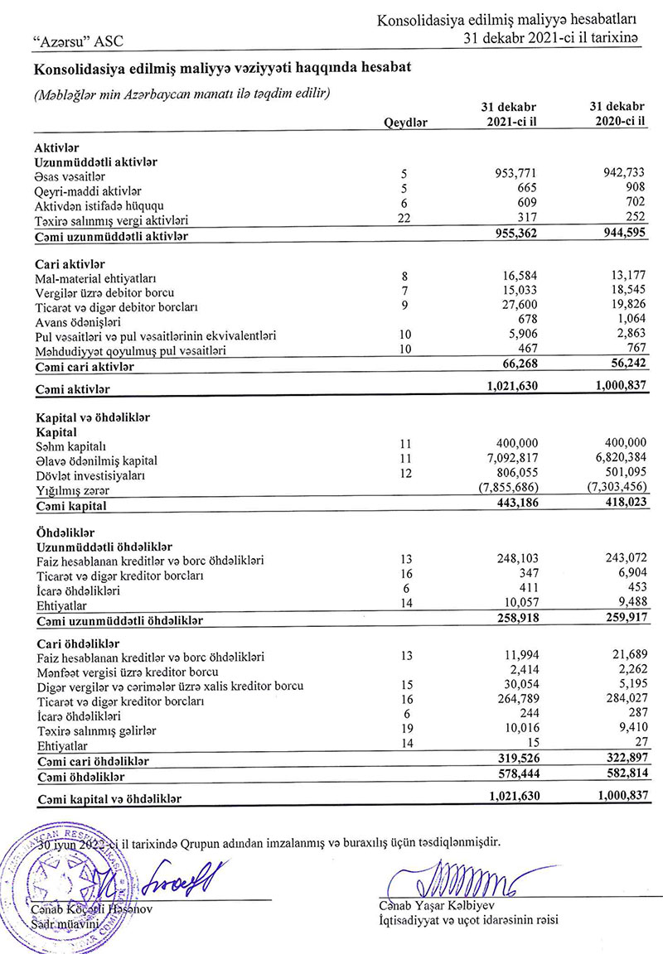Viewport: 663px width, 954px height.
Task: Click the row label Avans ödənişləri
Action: point(78,321)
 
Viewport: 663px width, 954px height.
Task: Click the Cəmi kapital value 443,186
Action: point(515,505)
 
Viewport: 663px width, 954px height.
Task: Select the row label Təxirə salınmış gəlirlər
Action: point(96,730)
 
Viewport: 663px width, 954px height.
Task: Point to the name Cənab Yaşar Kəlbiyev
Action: point(438,904)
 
